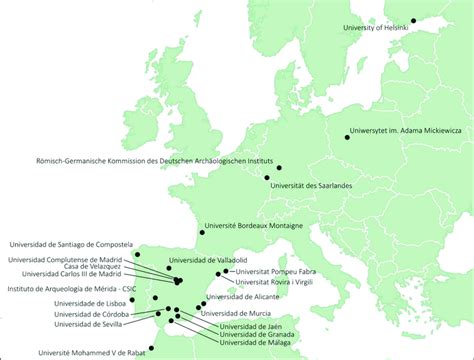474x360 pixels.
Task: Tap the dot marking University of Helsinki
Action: (x=414, y=19)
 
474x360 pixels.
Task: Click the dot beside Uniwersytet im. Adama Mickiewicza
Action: (x=348, y=138)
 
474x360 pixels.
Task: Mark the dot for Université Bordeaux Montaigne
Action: (x=202, y=233)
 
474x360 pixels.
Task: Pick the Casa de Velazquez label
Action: (x=92, y=267)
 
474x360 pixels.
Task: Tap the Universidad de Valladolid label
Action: (x=208, y=261)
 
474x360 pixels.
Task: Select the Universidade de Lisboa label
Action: (x=88, y=303)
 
